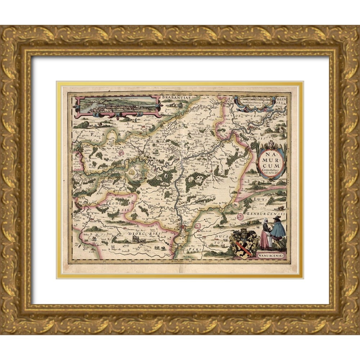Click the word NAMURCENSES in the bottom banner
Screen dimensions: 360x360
pos(271,255)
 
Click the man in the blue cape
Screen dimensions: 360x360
pos(278,232)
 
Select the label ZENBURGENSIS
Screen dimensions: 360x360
pos(267,213)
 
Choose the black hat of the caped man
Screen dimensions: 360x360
pos(277,218)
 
